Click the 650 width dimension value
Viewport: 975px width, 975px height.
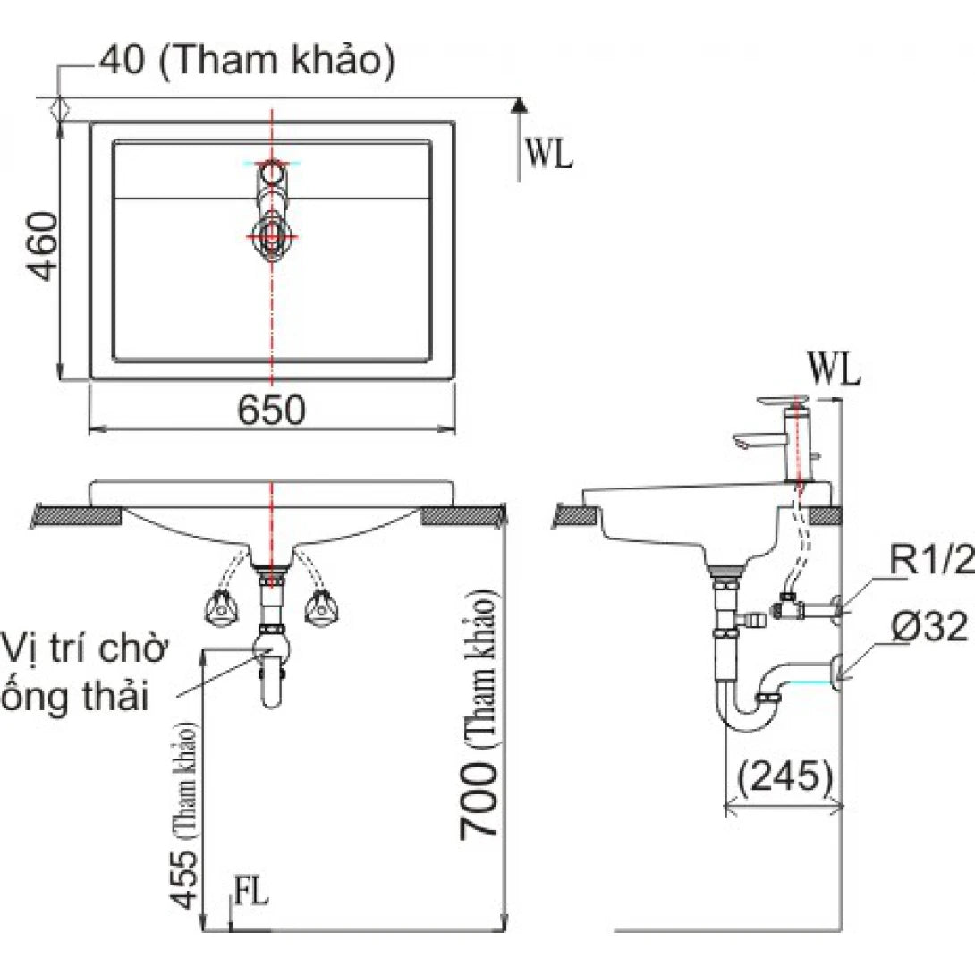(x=272, y=410)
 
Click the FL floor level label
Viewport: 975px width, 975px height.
(x=250, y=895)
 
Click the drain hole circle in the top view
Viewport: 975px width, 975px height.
(x=270, y=236)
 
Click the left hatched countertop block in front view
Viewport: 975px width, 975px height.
(x=78, y=516)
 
